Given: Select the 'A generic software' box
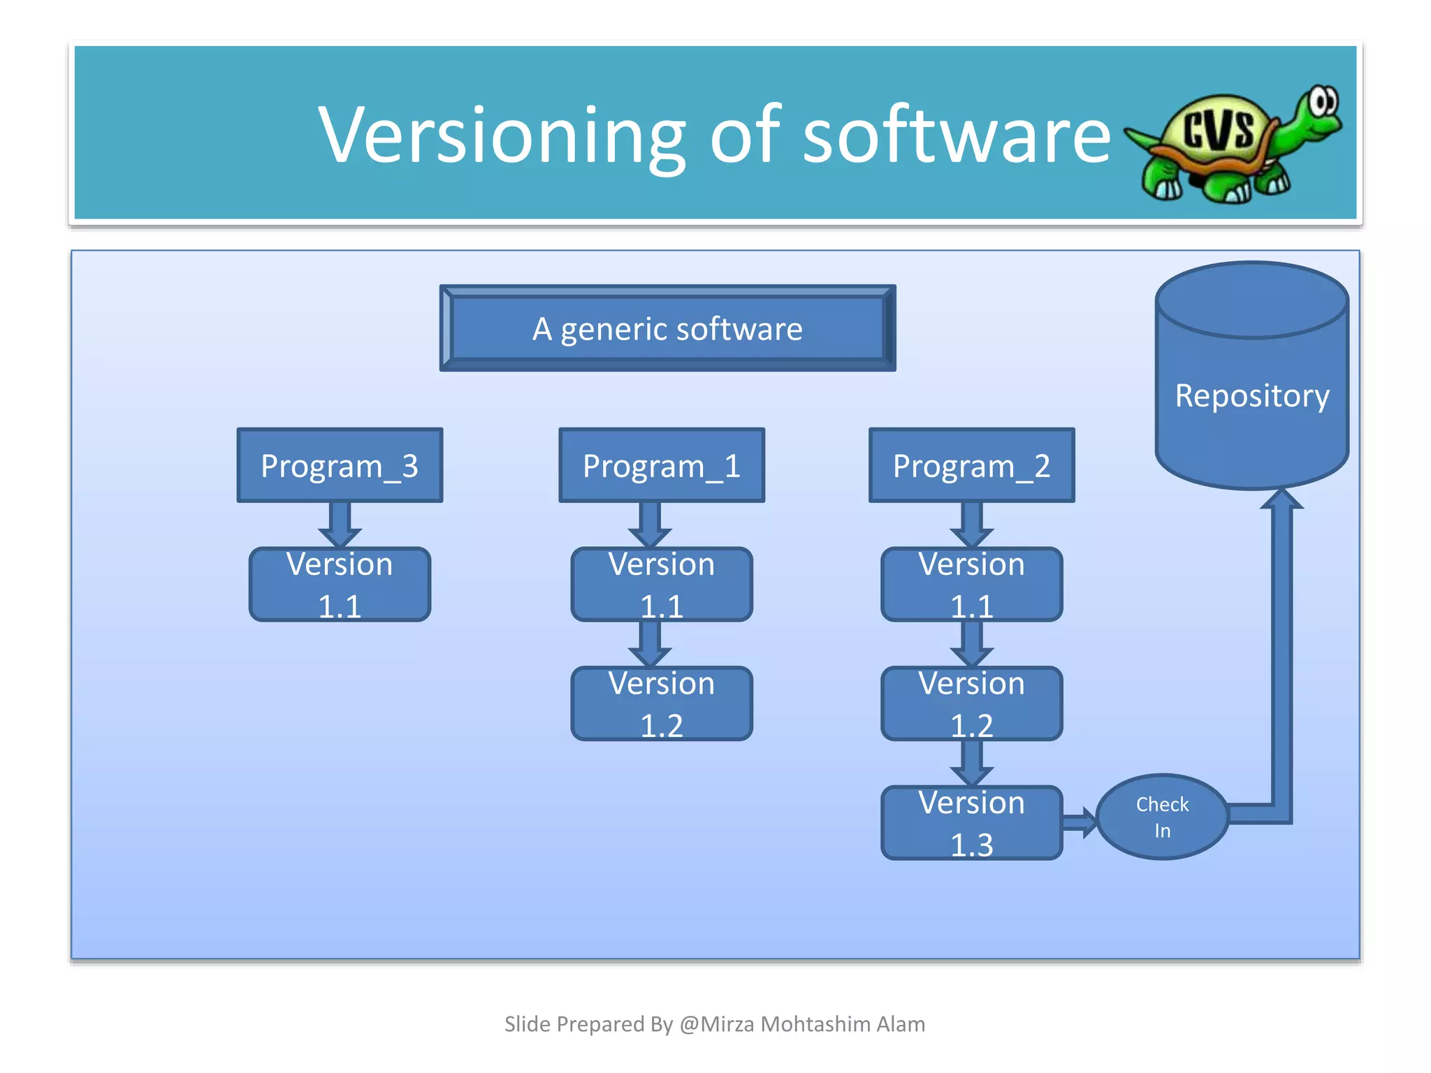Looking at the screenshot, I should [x=667, y=328].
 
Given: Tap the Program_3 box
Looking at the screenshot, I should [x=340, y=465].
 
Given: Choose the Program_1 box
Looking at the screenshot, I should [x=662, y=465].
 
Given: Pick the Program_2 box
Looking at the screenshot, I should [x=971, y=465].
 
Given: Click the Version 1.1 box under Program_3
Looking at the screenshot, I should [x=340, y=585].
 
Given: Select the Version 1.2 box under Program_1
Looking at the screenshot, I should [x=662, y=703].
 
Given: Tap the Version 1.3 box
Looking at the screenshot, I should [x=971, y=823].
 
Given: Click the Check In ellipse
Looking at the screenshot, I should [x=1162, y=817].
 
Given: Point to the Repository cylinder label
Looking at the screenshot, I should [x=1251, y=395].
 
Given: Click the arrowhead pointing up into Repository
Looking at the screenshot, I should [x=1281, y=500].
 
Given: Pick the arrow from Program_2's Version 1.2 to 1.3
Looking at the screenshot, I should [x=971, y=764].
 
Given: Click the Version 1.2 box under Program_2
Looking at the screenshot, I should [x=971, y=703].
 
